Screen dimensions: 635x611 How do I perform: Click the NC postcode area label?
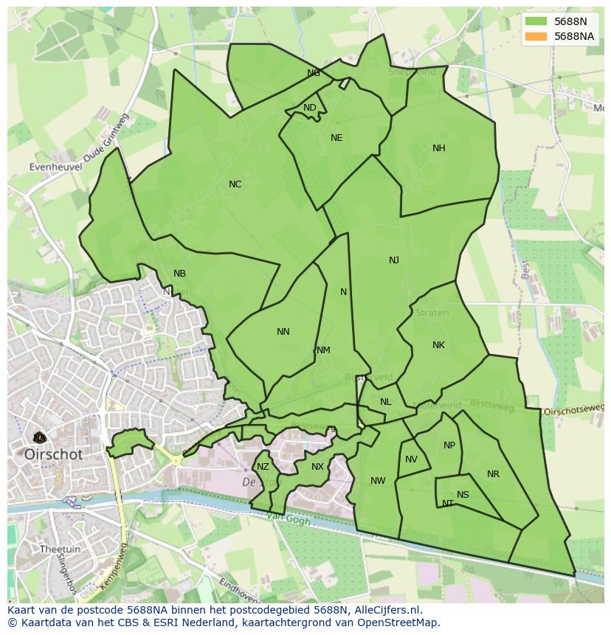[x=235, y=184]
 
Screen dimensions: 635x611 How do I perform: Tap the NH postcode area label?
[x=439, y=148]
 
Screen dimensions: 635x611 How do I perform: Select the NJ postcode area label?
[x=394, y=260]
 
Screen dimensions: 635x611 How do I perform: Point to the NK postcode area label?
[x=438, y=345]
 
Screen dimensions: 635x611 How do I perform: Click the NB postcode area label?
[x=179, y=274]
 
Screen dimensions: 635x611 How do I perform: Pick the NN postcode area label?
[x=283, y=332]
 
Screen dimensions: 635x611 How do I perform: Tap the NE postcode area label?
[x=336, y=138]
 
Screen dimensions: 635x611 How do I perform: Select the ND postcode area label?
[x=310, y=108]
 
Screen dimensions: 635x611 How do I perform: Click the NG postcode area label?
[x=314, y=73]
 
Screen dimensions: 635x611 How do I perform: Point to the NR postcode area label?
[x=493, y=474]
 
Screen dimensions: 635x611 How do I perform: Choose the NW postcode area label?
[x=378, y=481]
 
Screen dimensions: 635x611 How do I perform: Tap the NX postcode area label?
[x=317, y=467]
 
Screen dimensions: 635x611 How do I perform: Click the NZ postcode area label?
[x=263, y=467]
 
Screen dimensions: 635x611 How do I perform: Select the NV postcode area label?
[x=411, y=459]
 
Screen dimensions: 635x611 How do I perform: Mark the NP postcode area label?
[x=449, y=445]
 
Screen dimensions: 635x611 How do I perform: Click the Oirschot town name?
[x=54, y=455]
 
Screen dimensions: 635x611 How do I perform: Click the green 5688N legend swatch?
[x=536, y=22]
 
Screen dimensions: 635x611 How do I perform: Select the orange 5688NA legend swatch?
[x=536, y=36]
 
